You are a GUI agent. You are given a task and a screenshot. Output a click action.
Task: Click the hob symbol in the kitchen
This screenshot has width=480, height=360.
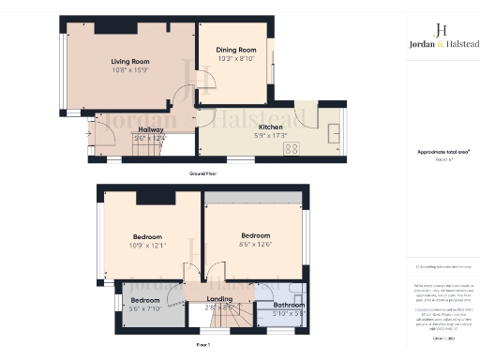[x=292, y=147]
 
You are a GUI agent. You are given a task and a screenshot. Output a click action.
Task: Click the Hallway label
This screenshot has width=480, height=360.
[x=151, y=130]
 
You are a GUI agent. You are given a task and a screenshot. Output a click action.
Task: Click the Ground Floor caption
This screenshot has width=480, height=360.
[x=202, y=174]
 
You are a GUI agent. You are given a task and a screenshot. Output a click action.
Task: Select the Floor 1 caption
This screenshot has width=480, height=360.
[x=202, y=346]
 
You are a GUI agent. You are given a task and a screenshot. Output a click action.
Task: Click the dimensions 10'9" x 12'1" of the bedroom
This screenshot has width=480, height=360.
[x=147, y=246]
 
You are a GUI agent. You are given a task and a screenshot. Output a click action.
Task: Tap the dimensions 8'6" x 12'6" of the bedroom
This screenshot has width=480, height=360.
[x=256, y=244]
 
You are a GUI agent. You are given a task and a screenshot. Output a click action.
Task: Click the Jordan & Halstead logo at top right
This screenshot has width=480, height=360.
[x=442, y=35]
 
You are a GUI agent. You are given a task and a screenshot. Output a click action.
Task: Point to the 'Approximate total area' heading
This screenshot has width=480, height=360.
[x=442, y=151]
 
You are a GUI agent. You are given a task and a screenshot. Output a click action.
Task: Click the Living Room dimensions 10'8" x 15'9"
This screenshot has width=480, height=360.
[x=130, y=70]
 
